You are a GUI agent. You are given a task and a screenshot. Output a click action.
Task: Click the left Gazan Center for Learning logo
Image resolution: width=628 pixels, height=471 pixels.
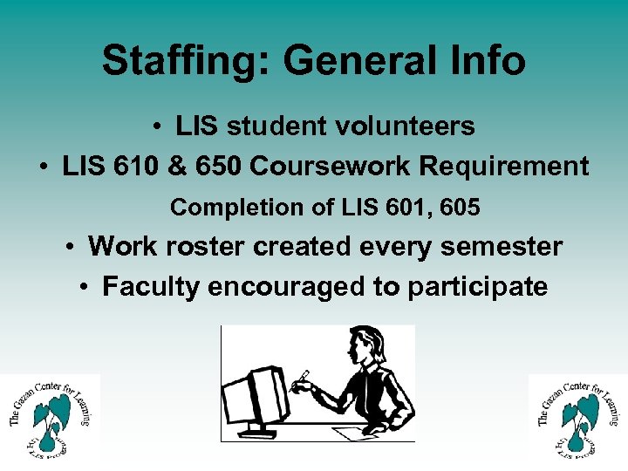click(50, 416)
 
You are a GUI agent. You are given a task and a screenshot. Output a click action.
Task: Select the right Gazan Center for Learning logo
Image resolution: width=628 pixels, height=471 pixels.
click(578, 416)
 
